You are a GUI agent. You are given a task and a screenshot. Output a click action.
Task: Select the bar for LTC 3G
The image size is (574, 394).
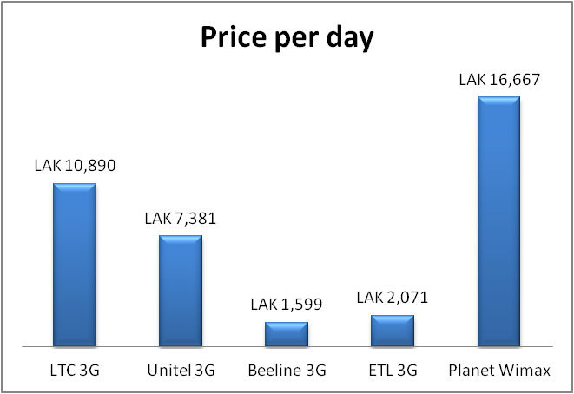coord(75,264)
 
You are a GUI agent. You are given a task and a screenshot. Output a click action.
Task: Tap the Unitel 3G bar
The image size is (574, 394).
coord(181,290)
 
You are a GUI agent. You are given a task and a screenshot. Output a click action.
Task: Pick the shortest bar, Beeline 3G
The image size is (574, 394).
coord(287,334)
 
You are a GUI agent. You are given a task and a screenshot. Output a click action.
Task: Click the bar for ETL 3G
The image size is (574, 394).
coord(393,331)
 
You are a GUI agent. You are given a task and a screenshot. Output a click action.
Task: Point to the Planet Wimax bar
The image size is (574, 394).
coord(498,220)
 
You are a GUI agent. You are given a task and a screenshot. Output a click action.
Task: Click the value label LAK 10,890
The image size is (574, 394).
coord(75,165)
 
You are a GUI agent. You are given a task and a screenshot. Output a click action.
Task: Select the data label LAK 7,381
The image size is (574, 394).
coord(181,218)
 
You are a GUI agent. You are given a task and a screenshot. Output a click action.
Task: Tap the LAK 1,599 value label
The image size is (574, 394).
coord(287,304)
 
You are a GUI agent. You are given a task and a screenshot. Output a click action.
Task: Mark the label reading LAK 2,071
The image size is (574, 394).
coord(393,298)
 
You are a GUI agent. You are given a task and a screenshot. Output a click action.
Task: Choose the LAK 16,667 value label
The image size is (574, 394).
coord(498,80)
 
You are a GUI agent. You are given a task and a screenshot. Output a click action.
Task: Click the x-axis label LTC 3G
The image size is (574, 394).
coord(75,371)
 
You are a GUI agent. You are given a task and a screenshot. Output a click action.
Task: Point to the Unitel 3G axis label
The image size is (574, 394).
coord(181,371)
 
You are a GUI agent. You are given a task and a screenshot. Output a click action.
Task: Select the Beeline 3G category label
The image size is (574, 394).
coord(287,371)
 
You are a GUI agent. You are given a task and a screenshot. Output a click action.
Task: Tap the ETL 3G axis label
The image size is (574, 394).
coord(393,371)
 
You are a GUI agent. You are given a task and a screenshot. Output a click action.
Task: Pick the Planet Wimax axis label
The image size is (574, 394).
coord(498,371)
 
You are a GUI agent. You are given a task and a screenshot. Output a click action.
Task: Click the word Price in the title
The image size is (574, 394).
coord(232,39)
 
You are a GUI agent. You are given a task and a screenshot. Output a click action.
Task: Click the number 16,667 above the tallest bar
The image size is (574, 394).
coord(512,80)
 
